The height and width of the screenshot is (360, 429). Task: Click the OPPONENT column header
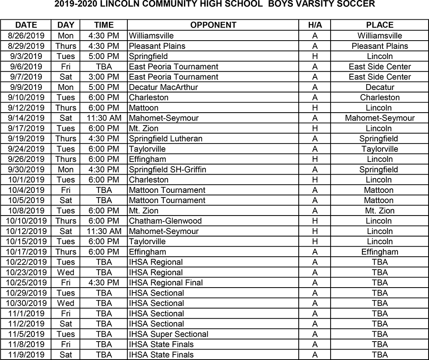click(213, 25)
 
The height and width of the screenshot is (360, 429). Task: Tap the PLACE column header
click(380, 25)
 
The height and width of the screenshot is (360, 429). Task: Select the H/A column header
click(315, 25)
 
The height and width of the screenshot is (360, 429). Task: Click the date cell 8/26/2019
click(26, 36)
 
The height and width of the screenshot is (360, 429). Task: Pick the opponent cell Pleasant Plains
click(157, 46)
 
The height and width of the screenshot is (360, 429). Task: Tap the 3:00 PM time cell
click(103, 77)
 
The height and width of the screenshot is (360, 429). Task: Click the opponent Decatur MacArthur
click(163, 87)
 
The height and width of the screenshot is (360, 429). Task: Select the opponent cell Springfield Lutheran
click(165, 139)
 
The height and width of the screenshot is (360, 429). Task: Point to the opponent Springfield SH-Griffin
click(168, 170)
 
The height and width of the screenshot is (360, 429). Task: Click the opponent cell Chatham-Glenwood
click(165, 221)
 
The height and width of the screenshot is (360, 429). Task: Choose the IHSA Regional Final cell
click(166, 283)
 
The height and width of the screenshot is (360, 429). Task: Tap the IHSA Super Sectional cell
click(168, 334)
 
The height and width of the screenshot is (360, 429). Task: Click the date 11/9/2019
click(26, 355)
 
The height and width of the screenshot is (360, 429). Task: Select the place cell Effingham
click(380, 252)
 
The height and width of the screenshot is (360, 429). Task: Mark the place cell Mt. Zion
click(380, 211)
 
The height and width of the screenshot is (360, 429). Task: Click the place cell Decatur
click(380, 87)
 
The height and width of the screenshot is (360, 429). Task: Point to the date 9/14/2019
click(26, 118)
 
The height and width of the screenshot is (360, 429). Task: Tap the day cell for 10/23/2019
click(66, 272)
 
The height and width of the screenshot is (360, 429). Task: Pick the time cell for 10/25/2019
click(103, 283)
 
